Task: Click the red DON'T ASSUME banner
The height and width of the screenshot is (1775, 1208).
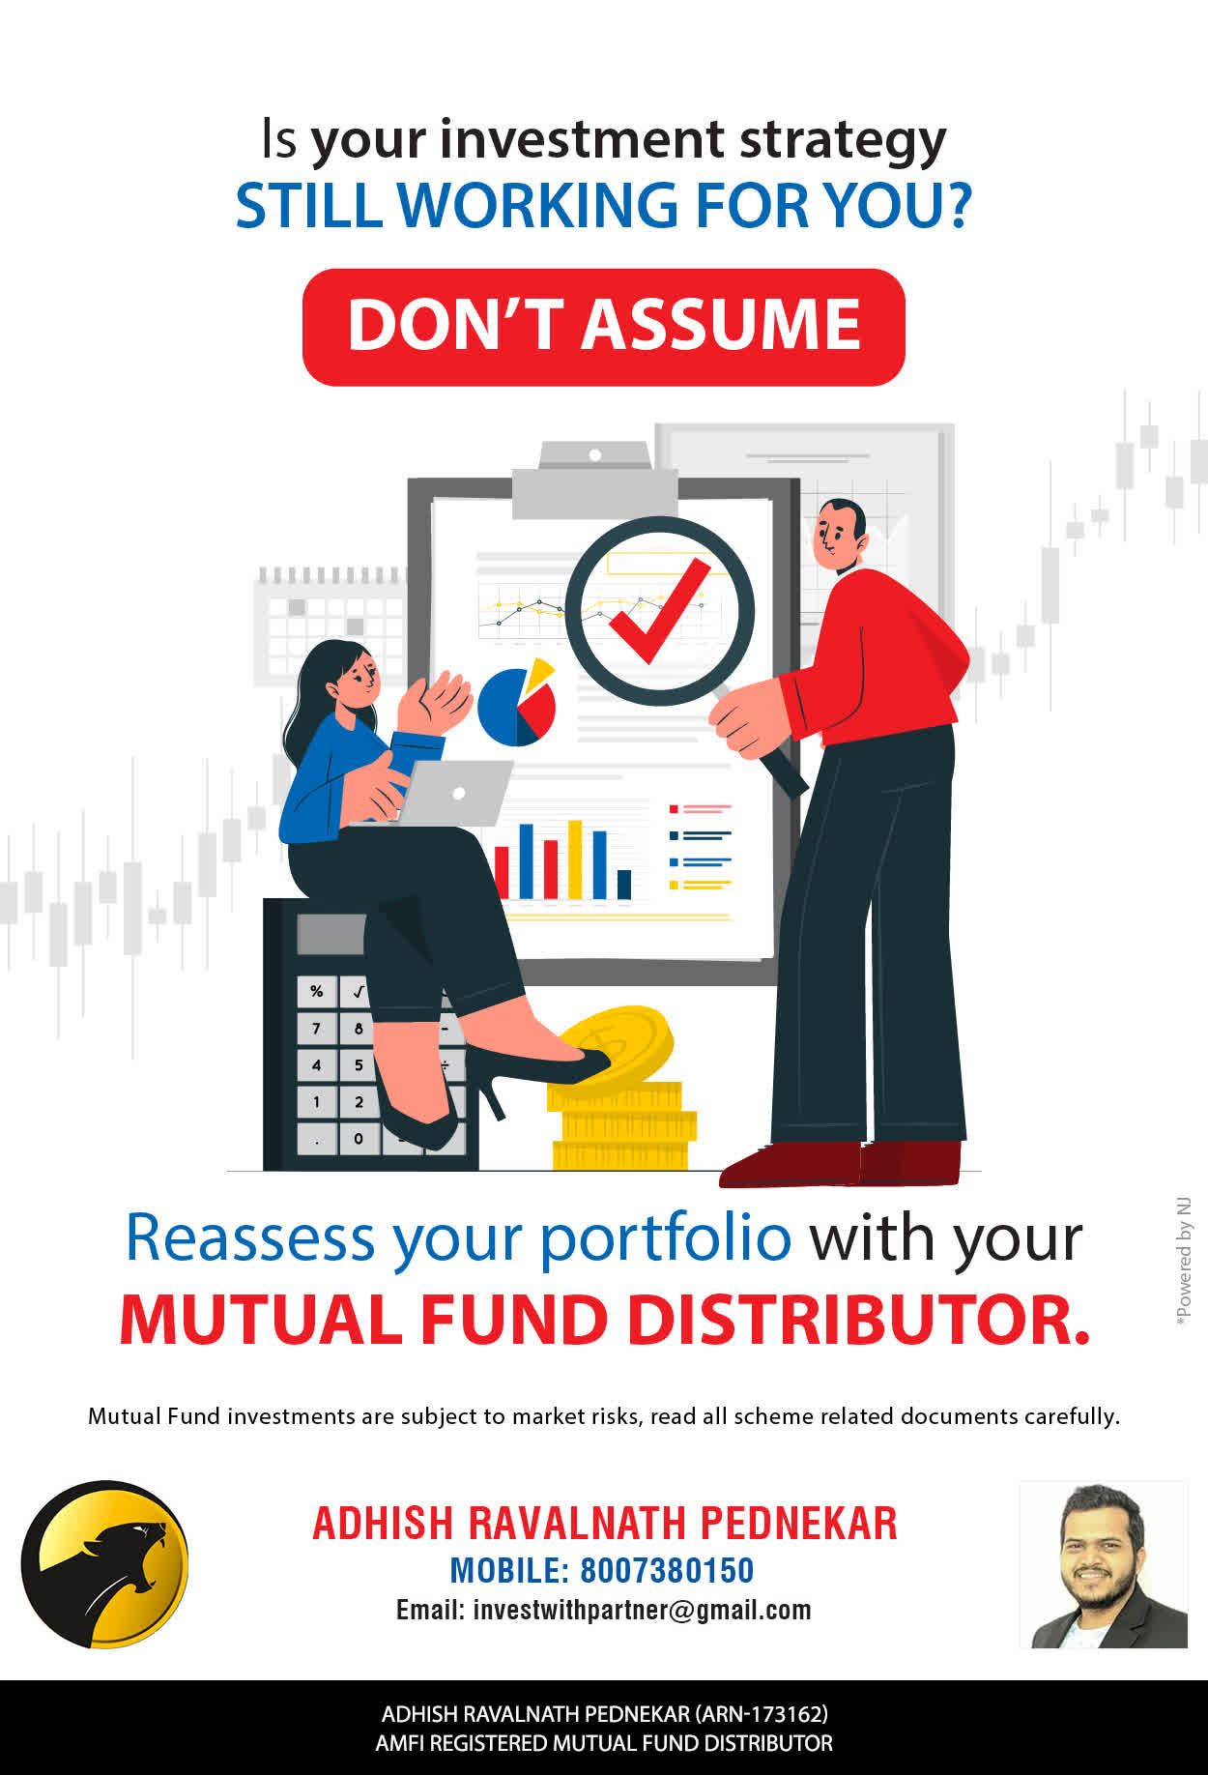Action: pos(604,327)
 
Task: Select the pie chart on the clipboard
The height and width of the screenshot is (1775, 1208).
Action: pos(517,703)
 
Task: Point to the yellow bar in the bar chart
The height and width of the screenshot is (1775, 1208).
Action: pos(575,859)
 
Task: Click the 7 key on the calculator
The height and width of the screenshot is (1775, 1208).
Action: pos(316,1029)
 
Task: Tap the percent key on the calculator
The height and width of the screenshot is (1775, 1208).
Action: pos(316,992)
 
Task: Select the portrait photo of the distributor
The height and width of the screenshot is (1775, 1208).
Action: pos(1104,1564)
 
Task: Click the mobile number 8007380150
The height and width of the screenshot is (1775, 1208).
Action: pos(667,1570)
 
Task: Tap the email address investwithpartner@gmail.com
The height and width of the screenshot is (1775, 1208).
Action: pos(642,1611)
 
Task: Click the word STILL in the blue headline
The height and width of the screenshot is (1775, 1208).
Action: pos(309,205)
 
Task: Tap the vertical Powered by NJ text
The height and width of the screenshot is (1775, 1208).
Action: pos(1183,1262)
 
